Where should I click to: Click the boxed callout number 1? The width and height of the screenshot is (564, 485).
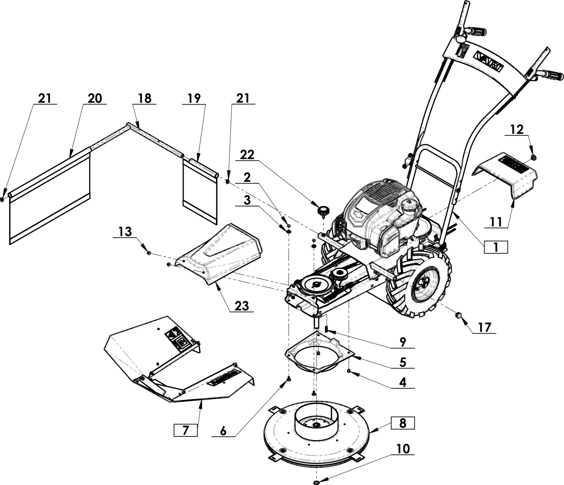(496, 247)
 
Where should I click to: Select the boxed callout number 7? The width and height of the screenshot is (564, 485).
(186, 430)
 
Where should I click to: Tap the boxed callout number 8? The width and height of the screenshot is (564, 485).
(403, 423)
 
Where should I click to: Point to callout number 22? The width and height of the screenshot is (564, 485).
(247, 155)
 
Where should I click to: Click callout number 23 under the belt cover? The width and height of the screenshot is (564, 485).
(242, 306)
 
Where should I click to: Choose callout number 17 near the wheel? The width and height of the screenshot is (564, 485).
(485, 328)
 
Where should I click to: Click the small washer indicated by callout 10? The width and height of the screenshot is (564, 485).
(316, 482)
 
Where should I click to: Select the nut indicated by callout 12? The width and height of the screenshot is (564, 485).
(534, 157)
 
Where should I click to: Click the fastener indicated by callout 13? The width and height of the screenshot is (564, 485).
(149, 253)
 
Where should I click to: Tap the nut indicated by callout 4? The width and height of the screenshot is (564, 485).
(349, 371)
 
